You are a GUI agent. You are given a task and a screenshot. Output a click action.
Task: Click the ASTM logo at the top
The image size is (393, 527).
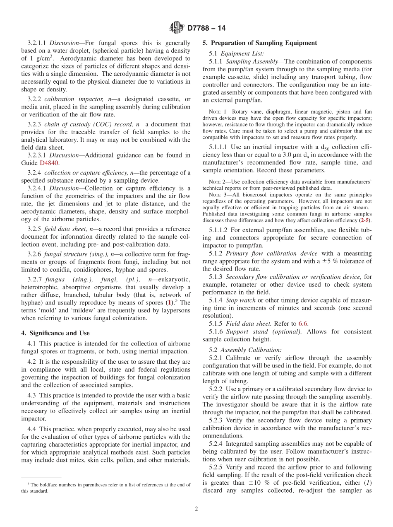point(177,28)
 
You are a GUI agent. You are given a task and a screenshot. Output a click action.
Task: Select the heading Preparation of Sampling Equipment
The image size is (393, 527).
point(260,43)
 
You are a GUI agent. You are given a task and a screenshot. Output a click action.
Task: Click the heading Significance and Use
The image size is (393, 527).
point(55,333)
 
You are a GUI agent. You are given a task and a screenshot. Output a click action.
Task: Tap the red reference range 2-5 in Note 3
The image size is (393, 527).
point(365,220)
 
